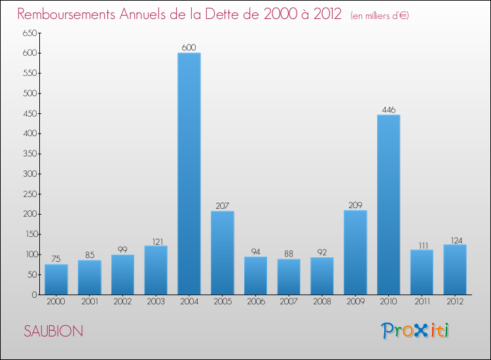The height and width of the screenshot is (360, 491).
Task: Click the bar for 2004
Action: pyautogui.click(x=189, y=173)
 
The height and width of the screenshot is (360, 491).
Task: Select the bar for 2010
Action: pyautogui.click(x=388, y=204)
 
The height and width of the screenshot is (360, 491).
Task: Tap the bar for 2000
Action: pyautogui.click(x=56, y=279)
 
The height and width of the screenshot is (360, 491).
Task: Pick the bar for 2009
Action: pyautogui.click(x=355, y=252)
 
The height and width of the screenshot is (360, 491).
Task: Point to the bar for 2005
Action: pyautogui.click(x=223, y=253)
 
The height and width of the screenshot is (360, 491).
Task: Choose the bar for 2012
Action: pyautogui.click(x=455, y=269)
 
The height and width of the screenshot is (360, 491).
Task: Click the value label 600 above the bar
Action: pyautogui.click(x=189, y=47)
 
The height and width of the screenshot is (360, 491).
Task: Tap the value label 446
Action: pyautogui.click(x=388, y=109)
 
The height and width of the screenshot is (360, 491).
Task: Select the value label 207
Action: pyautogui.click(x=223, y=206)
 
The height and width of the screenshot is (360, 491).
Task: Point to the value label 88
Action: pyautogui.click(x=289, y=253)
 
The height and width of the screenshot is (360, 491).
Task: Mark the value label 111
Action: pyautogui.click(x=422, y=244)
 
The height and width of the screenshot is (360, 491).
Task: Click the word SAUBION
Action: pyautogui.click(x=53, y=331)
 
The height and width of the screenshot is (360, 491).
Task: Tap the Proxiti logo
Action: pyautogui.click(x=415, y=331)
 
